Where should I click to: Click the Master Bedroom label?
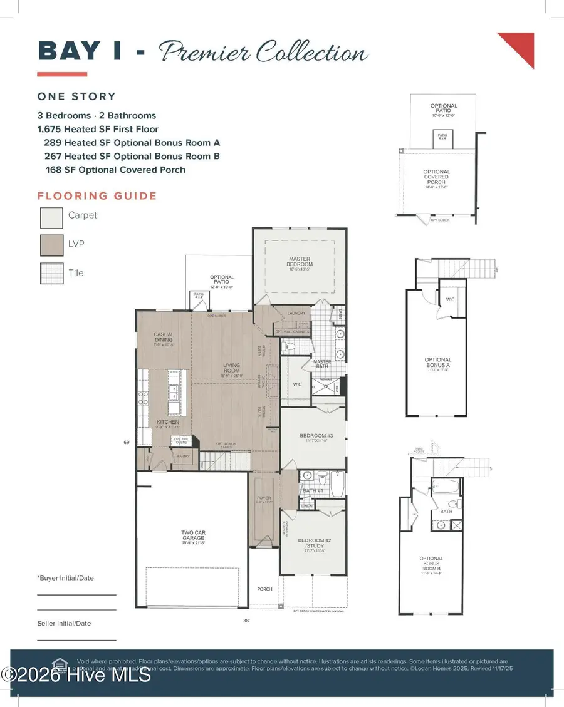tap(300, 262)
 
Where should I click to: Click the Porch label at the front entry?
tap(265, 589)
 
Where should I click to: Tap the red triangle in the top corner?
tap(520, 47)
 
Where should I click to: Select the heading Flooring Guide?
tap(97, 196)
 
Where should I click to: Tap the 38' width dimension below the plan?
tap(246, 621)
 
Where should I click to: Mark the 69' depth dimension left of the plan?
tap(127, 443)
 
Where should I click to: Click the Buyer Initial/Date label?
tap(65, 578)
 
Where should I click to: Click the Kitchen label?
tap(167, 423)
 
